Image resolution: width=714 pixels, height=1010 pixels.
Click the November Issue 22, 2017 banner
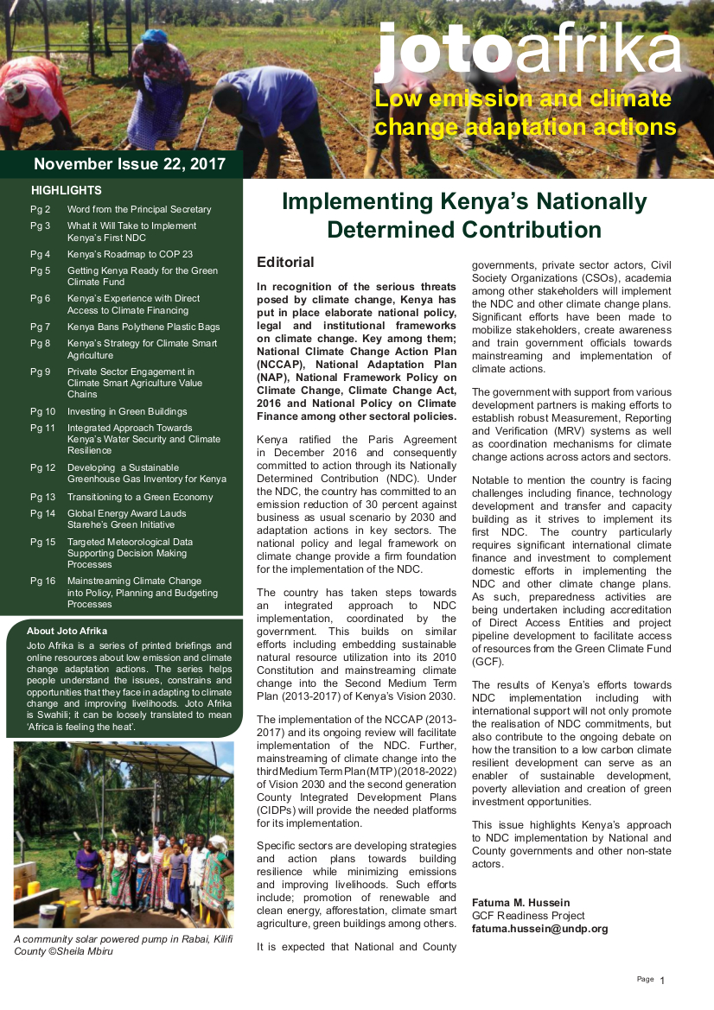click(130, 164)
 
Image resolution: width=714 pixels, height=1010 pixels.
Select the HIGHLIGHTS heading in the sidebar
click(67, 190)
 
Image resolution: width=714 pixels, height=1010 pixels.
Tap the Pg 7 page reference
click(41, 327)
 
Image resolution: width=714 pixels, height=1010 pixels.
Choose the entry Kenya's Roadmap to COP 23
click(130, 254)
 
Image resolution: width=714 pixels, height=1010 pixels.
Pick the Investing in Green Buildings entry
click(127, 411)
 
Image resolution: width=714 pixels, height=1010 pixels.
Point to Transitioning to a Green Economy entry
click(140, 497)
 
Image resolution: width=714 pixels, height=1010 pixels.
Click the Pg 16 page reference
click(42, 581)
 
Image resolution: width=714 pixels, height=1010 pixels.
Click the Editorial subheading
click(285, 262)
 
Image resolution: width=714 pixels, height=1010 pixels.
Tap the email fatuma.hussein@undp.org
click(539, 929)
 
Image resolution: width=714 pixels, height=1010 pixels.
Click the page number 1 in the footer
click(662, 981)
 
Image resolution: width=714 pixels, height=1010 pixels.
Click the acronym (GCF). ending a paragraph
click(488, 662)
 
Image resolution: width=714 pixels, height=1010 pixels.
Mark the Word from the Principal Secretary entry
click(139, 209)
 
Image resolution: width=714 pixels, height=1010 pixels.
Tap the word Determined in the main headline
click(392, 230)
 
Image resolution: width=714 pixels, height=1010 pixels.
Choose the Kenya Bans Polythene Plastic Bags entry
click(143, 327)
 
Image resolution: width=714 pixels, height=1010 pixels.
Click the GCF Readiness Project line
click(528, 916)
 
